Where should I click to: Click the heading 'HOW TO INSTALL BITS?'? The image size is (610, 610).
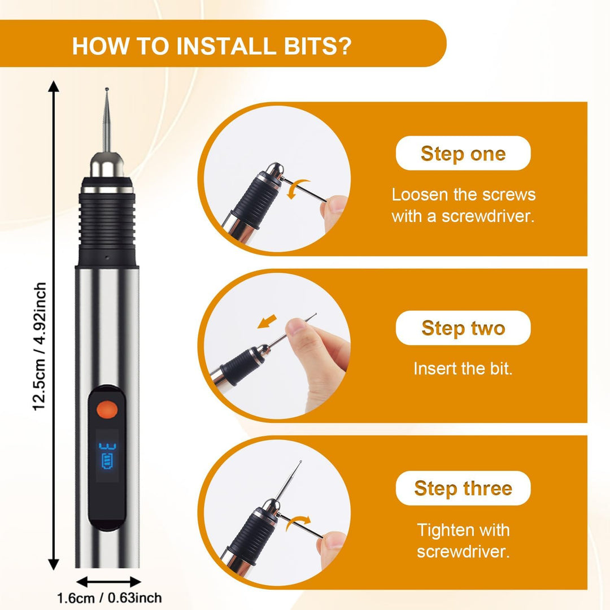click(x=212, y=46)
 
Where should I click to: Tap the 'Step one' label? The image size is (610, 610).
click(x=463, y=153)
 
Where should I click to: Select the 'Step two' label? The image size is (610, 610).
click(x=463, y=328)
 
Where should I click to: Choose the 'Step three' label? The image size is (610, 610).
click(x=463, y=488)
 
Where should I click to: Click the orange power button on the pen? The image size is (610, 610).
click(x=107, y=409)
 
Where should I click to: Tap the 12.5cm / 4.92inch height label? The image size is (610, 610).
click(x=40, y=346)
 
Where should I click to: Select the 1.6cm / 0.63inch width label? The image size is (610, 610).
click(x=110, y=598)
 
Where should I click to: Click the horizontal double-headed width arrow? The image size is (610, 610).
click(x=108, y=582)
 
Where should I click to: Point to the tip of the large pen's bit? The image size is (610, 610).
click(x=107, y=89)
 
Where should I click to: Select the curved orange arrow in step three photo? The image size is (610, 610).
click(x=298, y=523)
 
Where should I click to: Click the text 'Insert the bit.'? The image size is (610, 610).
click(x=463, y=368)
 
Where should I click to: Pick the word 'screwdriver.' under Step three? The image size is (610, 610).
click(x=463, y=552)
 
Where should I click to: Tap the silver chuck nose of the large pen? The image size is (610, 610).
click(x=107, y=165)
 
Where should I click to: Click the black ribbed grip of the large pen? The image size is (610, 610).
click(x=107, y=222)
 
